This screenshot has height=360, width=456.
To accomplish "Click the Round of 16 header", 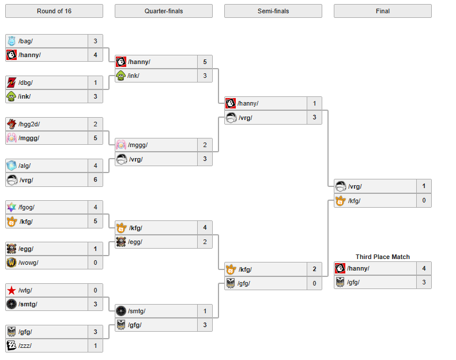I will pyautogui.click(x=54, y=11).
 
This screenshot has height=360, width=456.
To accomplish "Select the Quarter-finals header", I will pyautogui.click(x=164, y=11).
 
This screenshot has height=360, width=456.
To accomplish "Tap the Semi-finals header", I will pyautogui.click(x=273, y=11).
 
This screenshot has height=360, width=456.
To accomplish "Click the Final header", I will pyautogui.click(x=382, y=11).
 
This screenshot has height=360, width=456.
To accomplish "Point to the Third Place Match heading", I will pyautogui.click(x=382, y=257).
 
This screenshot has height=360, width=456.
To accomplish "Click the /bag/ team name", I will pyautogui.click(x=25, y=41).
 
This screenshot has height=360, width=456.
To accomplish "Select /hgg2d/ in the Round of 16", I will pyautogui.click(x=29, y=124).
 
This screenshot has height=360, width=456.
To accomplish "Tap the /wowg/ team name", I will pyautogui.click(x=28, y=262).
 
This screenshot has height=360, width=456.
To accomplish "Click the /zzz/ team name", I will pyautogui.click(x=25, y=346).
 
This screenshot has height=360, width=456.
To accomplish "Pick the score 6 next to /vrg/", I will pyautogui.click(x=95, y=179).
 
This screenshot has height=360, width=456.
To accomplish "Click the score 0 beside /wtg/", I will pyautogui.click(x=95, y=290).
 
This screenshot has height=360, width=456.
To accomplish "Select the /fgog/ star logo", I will pyautogui.click(x=11, y=207).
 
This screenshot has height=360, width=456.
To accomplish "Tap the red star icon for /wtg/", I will pyautogui.click(x=11, y=290).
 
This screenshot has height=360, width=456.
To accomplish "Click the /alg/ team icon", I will pyautogui.click(x=11, y=166).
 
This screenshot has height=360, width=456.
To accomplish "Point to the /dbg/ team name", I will pyautogui.click(x=25, y=82).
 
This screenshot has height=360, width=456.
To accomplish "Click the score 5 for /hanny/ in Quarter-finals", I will pyautogui.click(x=205, y=62).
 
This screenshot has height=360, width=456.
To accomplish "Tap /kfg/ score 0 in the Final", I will pyautogui.click(x=424, y=200).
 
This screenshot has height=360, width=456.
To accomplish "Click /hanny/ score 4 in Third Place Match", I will pyautogui.click(x=424, y=268).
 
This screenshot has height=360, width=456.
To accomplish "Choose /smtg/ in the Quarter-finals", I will pyautogui.click(x=137, y=311).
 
